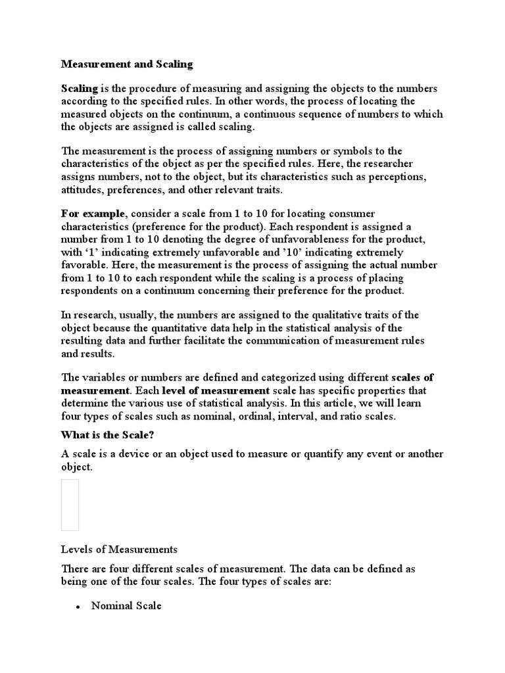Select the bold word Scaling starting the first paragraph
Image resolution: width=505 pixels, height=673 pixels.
click(x=80, y=88)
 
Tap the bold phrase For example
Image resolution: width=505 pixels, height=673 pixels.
click(x=92, y=214)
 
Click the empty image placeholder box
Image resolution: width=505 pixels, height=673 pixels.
click(x=70, y=505)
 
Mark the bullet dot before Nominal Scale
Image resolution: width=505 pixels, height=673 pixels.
click(x=78, y=607)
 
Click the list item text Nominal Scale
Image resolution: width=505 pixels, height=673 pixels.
click(x=126, y=606)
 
